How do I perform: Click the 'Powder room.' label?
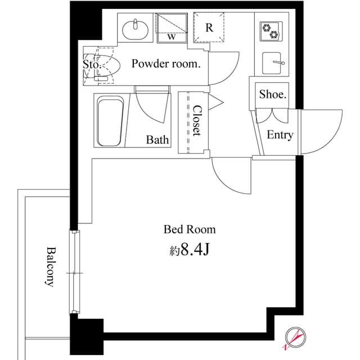165,64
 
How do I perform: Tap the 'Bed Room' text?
190,229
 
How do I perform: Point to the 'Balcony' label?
50,267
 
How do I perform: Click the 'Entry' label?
280,135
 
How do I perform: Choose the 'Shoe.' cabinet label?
273,95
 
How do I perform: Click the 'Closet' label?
196,121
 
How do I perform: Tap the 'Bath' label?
157,139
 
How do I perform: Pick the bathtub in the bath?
110,121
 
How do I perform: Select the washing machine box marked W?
172,27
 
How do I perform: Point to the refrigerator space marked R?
209,27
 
